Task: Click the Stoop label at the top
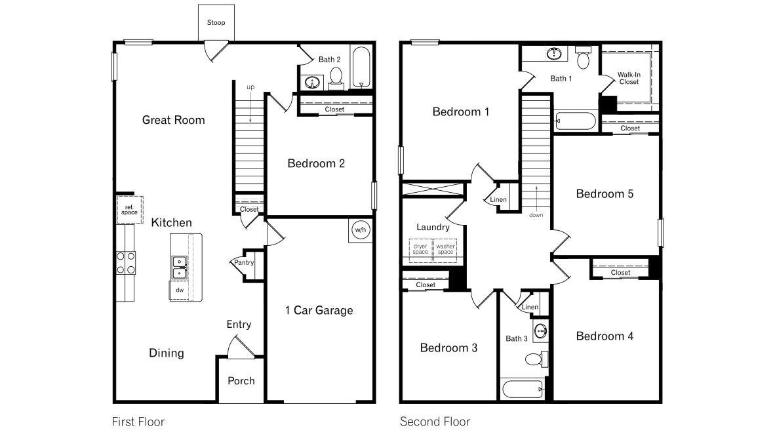tap(216, 23)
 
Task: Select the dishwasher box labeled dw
tap(179, 289)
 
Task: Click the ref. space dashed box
tap(129, 209)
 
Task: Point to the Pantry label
tap(244, 263)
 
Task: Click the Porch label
tap(241, 381)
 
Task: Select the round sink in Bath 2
tap(313, 83)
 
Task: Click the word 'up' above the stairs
tap(250, 87)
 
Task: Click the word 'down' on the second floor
tap(536, 214)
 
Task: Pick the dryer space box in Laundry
tap(420, 250)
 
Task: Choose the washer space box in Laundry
tap(445, 250)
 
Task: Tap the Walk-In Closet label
tap(629, 78)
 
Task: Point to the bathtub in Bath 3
tap(523, 389)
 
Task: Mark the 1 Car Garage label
tap(319, 310)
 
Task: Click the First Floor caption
tap(139, 422)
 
